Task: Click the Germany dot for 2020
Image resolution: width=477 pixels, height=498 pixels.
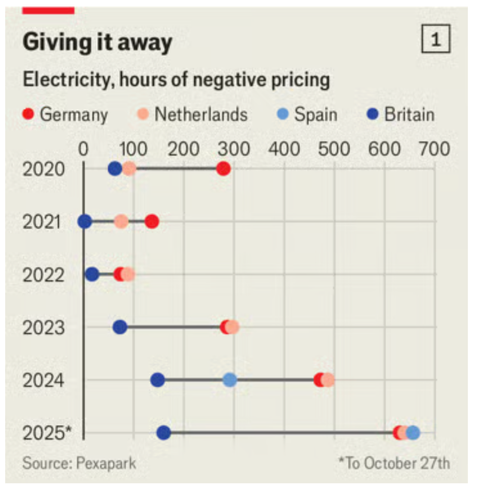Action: coord(223,169)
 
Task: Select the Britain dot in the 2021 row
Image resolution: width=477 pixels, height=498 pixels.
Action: coord(85,222)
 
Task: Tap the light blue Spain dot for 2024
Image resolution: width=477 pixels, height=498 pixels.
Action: coord(230,380)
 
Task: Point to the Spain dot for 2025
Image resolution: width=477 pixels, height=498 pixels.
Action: coord(413,433)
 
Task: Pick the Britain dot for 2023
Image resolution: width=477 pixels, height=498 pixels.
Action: coord(120,327)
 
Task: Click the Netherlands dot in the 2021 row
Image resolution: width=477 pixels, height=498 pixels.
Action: coord(121,222)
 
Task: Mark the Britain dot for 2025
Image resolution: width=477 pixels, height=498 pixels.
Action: coord(164,433)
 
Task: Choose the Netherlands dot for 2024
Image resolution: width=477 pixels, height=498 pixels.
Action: coord(328,380)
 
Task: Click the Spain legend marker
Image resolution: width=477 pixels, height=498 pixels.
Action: coord(283,114)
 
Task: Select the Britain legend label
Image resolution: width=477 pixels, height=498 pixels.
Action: coord(409,115)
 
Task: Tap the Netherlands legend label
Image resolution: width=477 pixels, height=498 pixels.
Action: coord(201,115)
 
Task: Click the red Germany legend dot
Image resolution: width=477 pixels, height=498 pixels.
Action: coord(28,114)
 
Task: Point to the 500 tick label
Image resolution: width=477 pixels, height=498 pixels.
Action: coord(334,149)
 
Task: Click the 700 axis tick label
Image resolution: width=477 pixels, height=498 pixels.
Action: coord(434,149)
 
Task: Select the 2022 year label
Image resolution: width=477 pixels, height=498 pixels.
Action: coord(43,275)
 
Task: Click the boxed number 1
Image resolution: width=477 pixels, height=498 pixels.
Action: coord(436,39)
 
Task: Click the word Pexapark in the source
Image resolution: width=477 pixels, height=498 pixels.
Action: coord(106,463)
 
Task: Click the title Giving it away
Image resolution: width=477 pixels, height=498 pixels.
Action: coord(98,42)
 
